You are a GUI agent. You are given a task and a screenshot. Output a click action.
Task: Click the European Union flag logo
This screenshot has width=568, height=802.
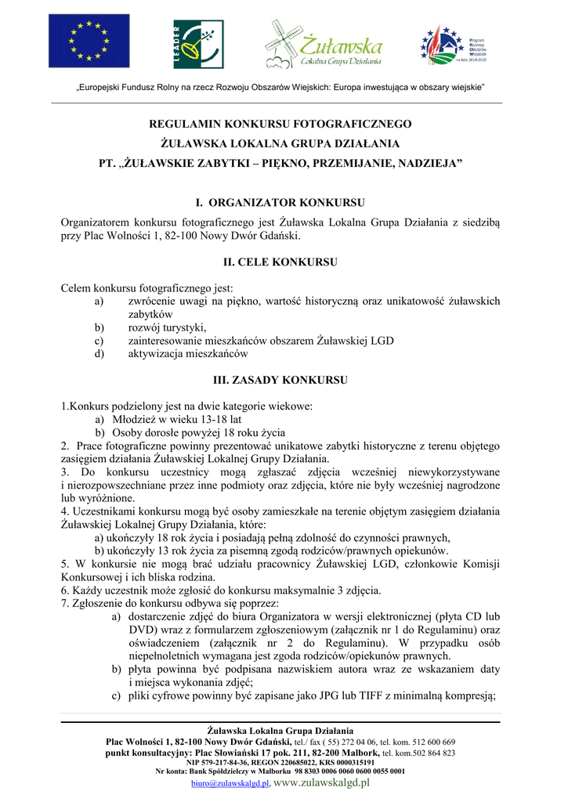(x=78, y=42)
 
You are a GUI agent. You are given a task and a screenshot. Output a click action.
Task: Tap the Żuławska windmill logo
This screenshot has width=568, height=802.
(x=322, y=44)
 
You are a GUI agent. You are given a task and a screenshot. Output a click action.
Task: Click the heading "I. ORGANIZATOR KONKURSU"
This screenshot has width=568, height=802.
(x=280, y=202)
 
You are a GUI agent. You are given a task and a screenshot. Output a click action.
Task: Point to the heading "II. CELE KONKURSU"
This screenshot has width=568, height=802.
(x=280, y=261)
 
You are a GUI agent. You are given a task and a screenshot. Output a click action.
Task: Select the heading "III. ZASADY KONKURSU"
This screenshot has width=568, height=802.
(x=280, y=380)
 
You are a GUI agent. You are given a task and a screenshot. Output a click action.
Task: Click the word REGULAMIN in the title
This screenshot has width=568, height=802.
(x=185, y=124)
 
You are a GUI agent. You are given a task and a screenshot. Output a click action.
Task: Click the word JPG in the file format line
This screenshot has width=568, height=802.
(x=329, y=695)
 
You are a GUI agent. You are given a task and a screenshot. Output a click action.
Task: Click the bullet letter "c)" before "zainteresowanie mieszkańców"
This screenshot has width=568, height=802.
(x=99, y=341)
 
